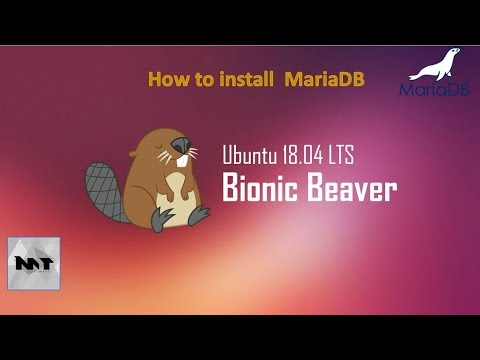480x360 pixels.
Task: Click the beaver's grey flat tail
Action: tap(103, 189)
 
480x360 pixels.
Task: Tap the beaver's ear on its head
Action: tap(139, 149)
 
